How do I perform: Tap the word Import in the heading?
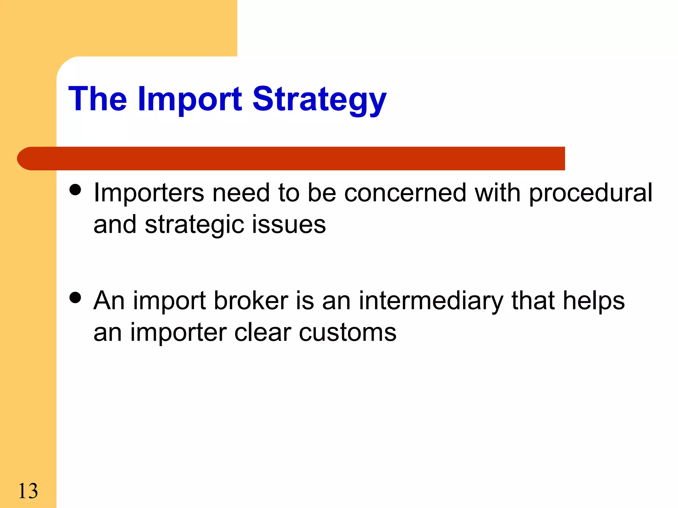pyautogui.click(x=190, y=99)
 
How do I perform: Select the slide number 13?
pyautogui.click(x=28, y=491)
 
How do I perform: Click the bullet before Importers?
pyautogui.click(x=75, y=190)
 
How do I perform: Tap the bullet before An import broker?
pyautogui.click(x=75, y=297)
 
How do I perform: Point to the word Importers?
pyautogui.click(x=149, y=193)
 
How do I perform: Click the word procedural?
pyautogui.click(x=590, y=193)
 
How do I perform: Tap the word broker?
pyautogui.click(x=251, y=301)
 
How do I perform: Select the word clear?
pyautogui.click(x=263, y=333)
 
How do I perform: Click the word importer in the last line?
pyautogui.click(x=178, y=333)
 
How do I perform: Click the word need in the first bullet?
pyautogui.click(x=241, y=193)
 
